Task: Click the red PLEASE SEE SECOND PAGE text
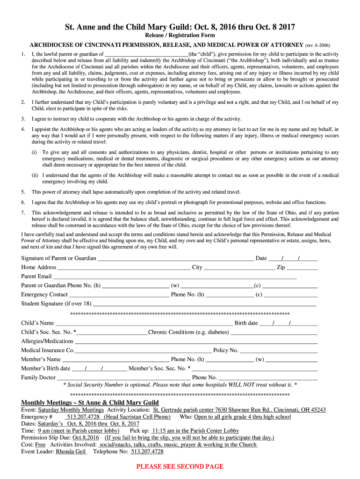pos(180,466)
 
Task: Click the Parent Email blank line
pos(174,277)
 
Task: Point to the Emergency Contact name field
pos(119,295)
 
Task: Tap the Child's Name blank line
pos(144,324)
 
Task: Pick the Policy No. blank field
pos(279,351)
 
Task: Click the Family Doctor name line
pos(123,378)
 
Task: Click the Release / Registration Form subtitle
pos(180,35)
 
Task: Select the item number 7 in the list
pos(23,213)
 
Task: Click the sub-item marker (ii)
pos(35,175)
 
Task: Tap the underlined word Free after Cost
pos(41,445)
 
